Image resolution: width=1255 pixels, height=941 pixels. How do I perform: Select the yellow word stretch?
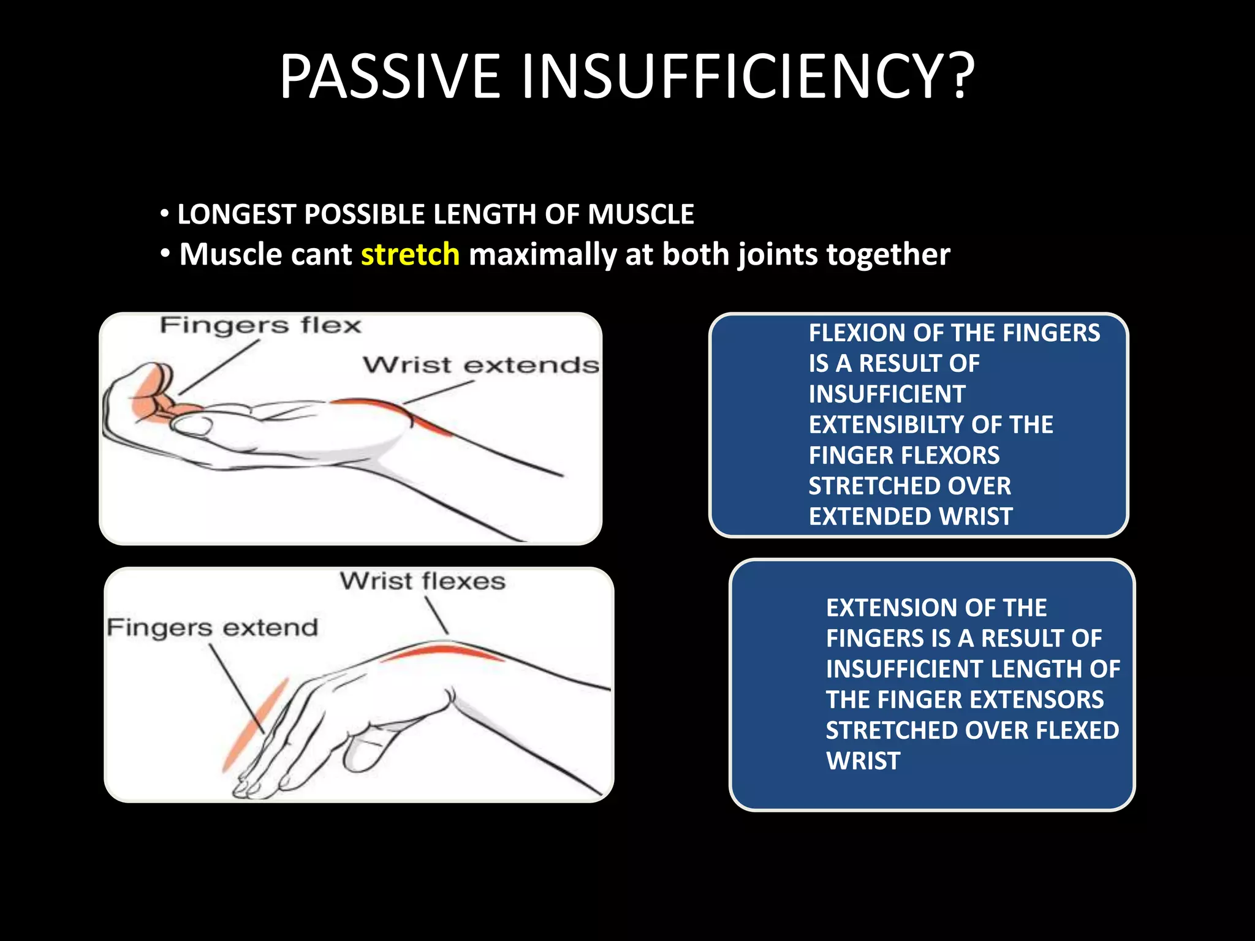pos(410,254)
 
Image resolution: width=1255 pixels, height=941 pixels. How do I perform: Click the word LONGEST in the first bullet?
pos(237,214)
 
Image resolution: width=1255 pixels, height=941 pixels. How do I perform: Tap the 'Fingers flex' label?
pos(260,325)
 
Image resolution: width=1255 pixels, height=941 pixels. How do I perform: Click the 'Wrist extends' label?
pos(480,365)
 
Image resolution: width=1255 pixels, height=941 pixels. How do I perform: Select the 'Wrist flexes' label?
pos(422,581)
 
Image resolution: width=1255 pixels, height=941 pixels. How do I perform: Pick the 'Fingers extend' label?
pos(212,628)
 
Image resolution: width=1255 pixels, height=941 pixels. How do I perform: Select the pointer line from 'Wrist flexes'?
pos(437,615)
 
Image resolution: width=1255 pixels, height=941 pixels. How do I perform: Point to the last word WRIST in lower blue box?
pos(863,761)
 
